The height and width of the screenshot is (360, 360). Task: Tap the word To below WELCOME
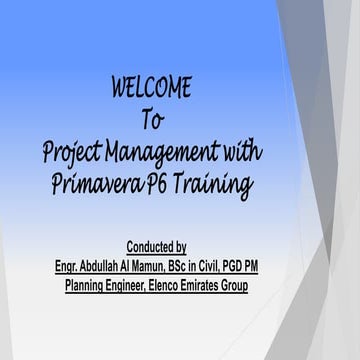152,120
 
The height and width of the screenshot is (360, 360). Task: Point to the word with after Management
242,152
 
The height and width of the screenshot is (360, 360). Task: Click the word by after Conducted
179,246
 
